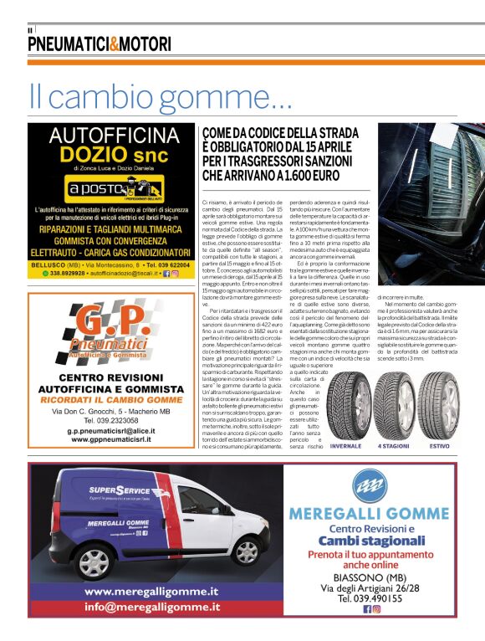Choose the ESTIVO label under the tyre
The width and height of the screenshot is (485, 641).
coord(438,447)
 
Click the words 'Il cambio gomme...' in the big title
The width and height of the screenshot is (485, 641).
coord(159,96)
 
